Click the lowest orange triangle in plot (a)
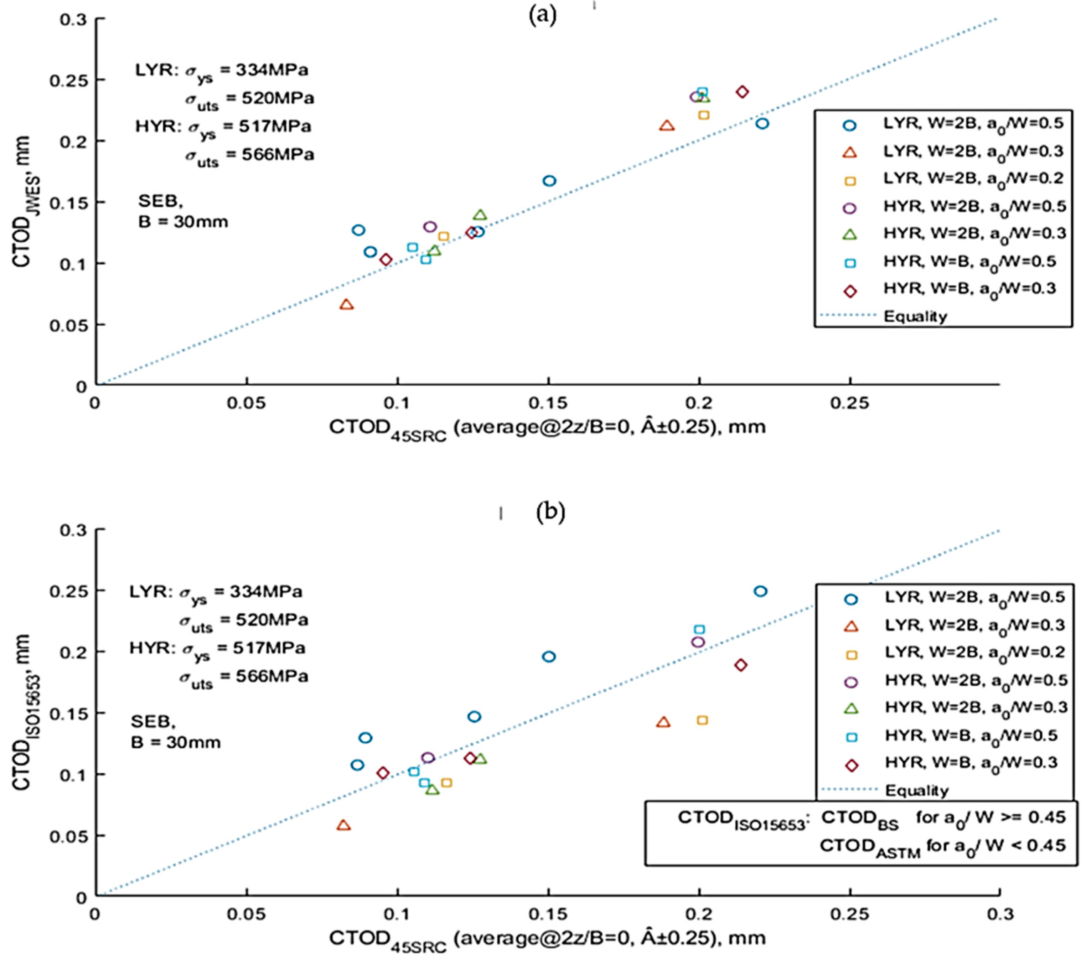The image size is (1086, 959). (x=346, y=304)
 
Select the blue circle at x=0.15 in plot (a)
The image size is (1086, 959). (x=549, y=181)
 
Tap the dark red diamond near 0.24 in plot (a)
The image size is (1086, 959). (x=742, y=92)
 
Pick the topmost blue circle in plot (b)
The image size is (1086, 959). (x=760, y=591)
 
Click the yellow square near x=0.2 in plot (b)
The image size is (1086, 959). (x=702, y=721)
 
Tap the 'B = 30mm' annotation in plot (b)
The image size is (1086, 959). (x=175, y=742)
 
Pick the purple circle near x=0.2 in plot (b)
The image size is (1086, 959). (x=698, y=642)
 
